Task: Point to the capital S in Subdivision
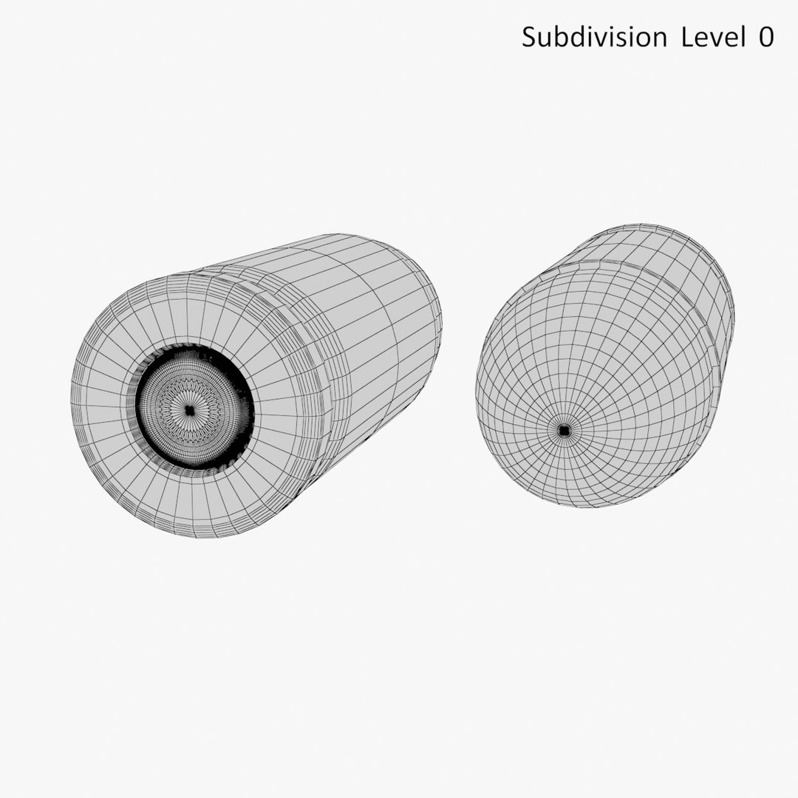click(528, 37)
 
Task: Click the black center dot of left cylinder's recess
click(189, 411)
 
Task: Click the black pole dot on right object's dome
click(564, 430)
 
